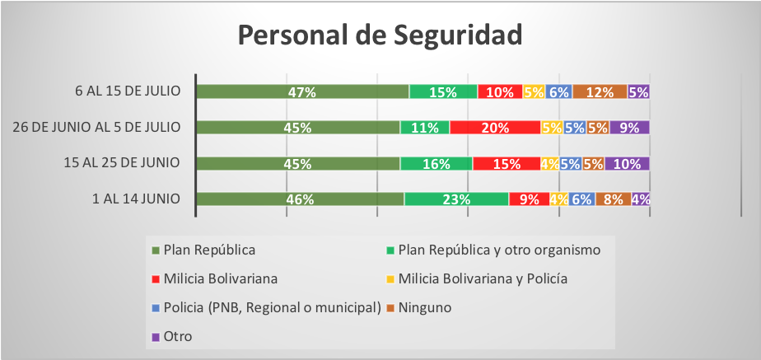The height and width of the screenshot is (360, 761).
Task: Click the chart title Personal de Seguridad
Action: click(x=380, y=35)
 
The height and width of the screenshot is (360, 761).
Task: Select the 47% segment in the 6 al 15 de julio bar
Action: click(x=302, y=91)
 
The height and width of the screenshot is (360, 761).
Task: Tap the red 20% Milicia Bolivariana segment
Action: click(x=495, y=128)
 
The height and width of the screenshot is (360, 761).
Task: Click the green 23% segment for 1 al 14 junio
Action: click(x=457, y=199)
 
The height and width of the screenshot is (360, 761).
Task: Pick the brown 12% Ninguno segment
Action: click(x=600, y=91)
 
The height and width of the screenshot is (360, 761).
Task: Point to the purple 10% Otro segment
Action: click(x=627, y=163)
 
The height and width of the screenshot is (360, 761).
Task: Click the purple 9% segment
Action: click(x=629, y=128)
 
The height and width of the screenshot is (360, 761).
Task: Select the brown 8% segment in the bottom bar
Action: click(x=614, y=199)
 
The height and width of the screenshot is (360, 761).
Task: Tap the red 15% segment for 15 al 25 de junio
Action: click(x=507, y=163)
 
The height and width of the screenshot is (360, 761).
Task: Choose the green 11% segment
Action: click(x=425, y=128)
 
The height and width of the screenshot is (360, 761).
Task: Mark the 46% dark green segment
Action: click(x=301, y=199)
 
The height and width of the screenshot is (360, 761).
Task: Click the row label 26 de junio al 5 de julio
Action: click(x=97, y=127)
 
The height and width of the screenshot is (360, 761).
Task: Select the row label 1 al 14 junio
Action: click(x=137, y=199)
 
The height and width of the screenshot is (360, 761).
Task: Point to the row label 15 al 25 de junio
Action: click(x=121, y=163)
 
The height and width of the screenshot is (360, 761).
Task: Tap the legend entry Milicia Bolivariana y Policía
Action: click(x=477, y=279)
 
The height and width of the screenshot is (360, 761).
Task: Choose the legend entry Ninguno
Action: click(x=419, y=307)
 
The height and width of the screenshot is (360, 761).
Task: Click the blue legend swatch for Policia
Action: click(x=156, y=308)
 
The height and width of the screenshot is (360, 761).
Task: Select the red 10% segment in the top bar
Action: click(x=501, y=91)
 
